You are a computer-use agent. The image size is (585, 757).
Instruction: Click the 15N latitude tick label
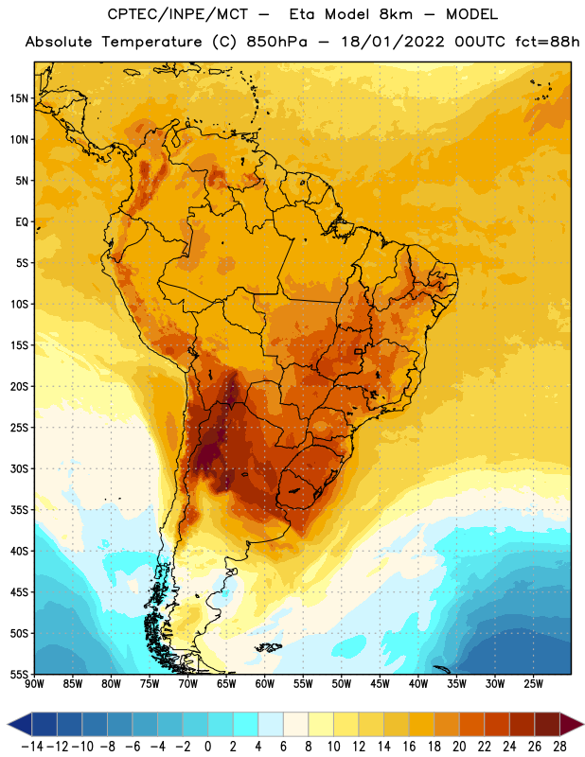pos(19,98)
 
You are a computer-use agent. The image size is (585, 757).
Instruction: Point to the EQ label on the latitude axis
pos(22,222)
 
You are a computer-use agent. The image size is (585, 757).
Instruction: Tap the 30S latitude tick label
pos(19,468)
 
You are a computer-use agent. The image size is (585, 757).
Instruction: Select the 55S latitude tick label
pos(19,675)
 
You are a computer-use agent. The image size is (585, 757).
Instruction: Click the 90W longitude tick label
pos(34,684)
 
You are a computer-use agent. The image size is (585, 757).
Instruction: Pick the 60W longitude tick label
pos(265,684)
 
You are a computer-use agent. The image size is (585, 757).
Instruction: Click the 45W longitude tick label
pos(380,684)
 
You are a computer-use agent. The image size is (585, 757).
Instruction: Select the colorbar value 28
pos(559,747)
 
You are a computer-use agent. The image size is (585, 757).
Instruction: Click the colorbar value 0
pos(207,747)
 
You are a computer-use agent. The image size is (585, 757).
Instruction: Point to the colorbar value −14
pos(32,747)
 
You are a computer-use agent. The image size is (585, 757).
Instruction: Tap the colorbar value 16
pos(409,747)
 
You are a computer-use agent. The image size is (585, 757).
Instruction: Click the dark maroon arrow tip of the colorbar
pos(571,724)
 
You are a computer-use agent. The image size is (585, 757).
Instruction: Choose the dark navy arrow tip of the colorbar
pos(19,724)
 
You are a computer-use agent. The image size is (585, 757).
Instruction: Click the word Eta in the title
pos(301,14)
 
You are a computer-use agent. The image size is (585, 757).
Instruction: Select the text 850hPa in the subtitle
pos(276,42)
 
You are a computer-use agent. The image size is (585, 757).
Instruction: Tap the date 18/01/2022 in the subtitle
pos(393,42)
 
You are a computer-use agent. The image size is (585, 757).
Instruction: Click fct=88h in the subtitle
pos(547,42)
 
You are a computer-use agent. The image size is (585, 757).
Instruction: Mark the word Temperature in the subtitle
pos(151,43)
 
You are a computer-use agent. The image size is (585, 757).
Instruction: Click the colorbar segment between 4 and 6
pos(271,724)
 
